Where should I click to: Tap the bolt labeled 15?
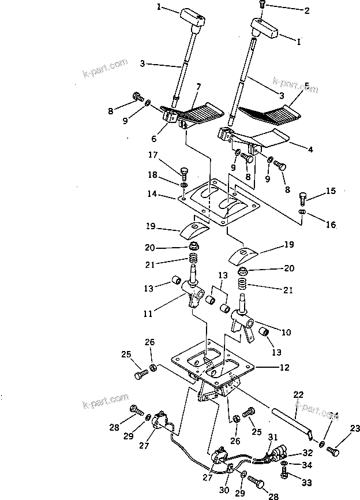[x=303, y=199]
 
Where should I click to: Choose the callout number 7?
[x=198, y=87]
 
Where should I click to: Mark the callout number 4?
[x=310, y=150]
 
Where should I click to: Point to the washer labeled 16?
[x=302, y=212]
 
